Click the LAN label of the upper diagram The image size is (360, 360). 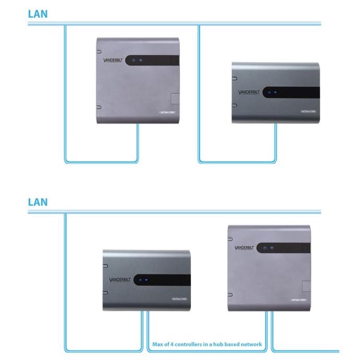click(38, 14)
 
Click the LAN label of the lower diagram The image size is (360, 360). click(38, 201)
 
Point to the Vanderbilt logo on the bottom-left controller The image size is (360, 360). click(121, 280)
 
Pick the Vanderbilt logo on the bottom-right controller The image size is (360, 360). click(247, 248)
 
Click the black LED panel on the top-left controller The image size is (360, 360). click(154, 60)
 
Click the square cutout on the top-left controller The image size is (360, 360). click(175, 99)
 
